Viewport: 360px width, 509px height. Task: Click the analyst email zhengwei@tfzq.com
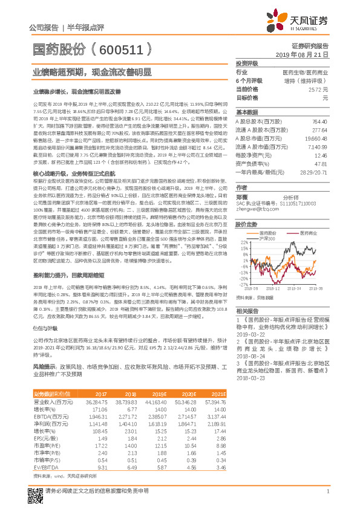pyautogui.click(x=254, y=209)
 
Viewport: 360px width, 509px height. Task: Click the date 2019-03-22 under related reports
pyautogui.click(x=249, y=333)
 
